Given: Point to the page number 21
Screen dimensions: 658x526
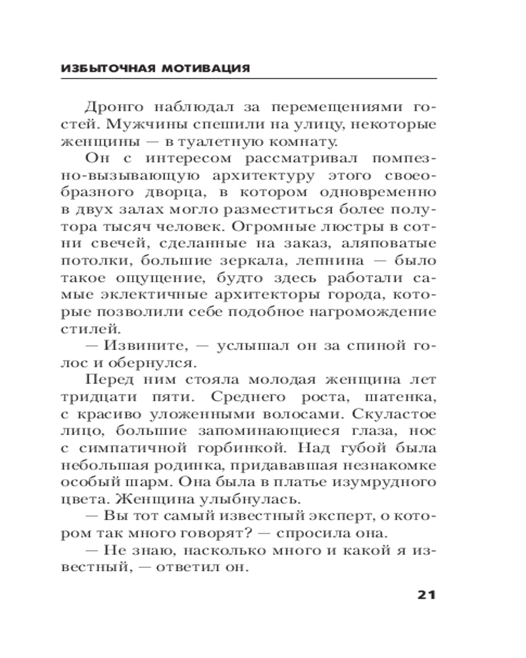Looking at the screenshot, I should tap(427, 595).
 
